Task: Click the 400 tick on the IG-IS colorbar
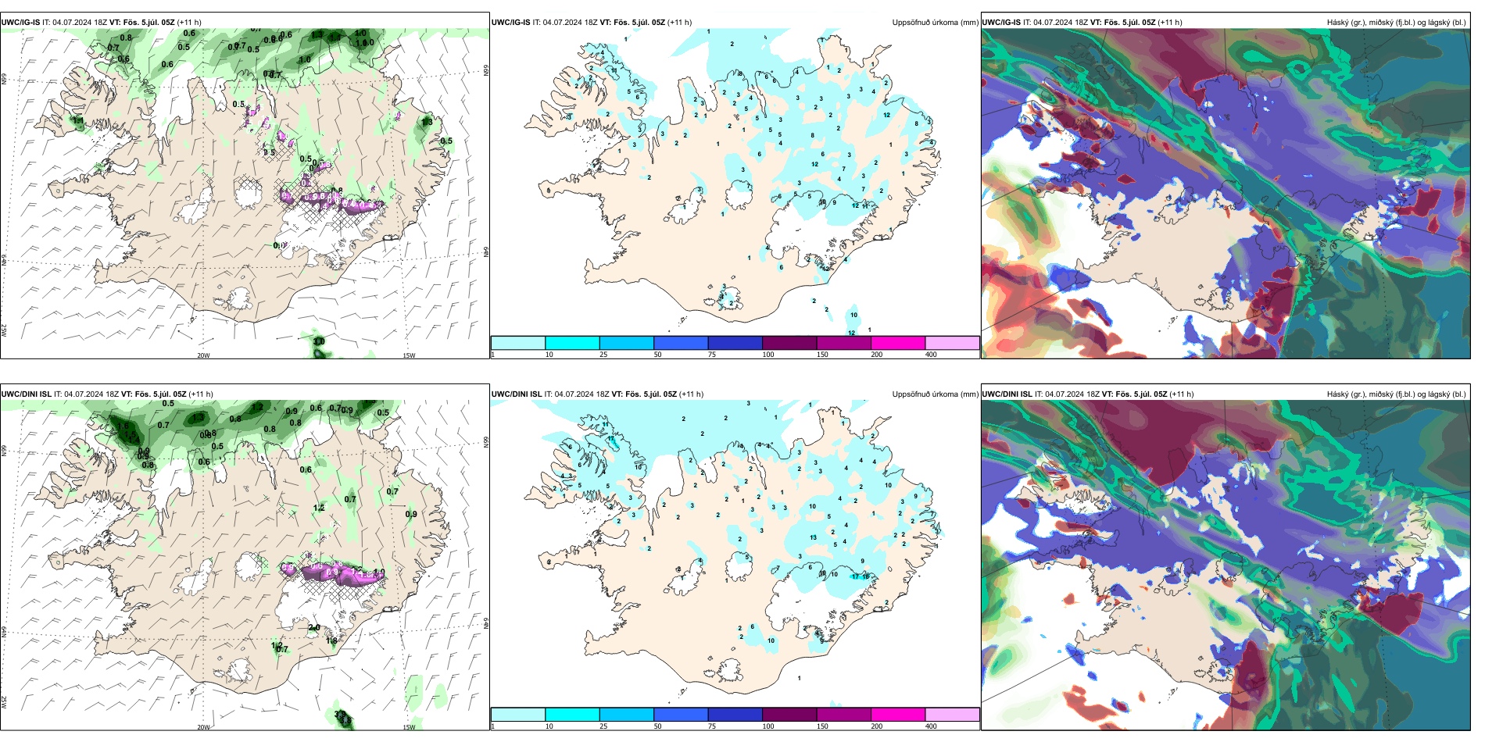[x=931, y=355]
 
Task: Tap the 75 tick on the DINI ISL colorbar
[x=711, y=726]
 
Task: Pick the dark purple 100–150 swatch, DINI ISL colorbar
[x=789, y=715]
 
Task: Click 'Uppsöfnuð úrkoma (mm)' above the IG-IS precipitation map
[x=935, y=23]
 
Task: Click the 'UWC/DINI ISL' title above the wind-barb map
[x=26, y=394]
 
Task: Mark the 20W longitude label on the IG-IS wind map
[x=203, y=355]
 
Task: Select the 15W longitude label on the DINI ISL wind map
[x=409, y=727]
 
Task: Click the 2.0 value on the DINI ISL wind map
[x=314, y=628]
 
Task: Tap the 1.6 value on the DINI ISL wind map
[x=124, y=426]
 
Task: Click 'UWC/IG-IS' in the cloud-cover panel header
[x=1001, y=23]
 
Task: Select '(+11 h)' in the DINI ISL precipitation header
[x=691, y=394]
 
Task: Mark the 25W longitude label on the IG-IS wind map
[x=4, y=330]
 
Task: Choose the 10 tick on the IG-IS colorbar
[x=549, y=355]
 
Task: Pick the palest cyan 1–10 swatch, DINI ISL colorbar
[x=518, y=715]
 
